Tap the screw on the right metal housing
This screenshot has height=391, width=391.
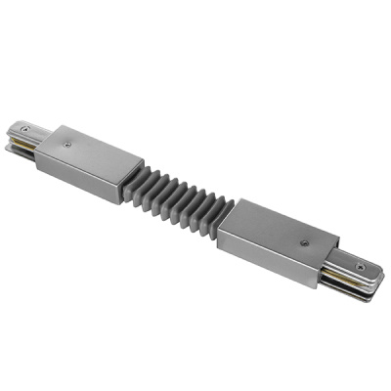(306, 241)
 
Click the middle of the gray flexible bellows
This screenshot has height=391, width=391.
(180, 195)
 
